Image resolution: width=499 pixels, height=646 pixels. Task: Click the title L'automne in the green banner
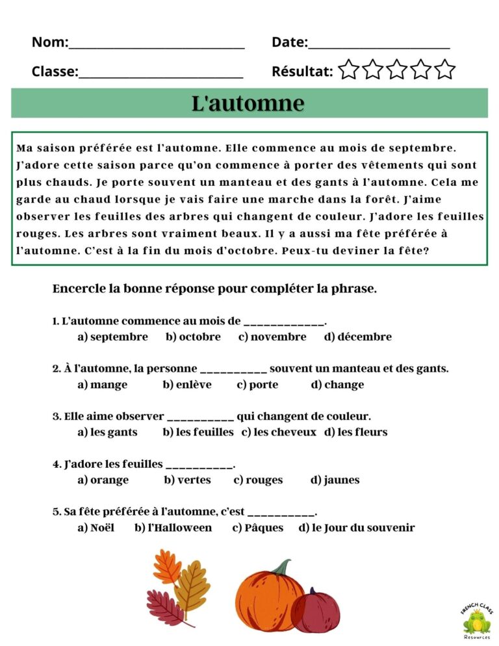coord(248,103)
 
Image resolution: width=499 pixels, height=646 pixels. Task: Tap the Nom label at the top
coord(49,42)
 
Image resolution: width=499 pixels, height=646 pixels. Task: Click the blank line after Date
coord(379,45)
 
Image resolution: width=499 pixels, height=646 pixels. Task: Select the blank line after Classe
coord(160,74)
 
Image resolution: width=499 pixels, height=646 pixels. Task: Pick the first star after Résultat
coord(349,70)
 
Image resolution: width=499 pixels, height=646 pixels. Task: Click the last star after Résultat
coord(445,70)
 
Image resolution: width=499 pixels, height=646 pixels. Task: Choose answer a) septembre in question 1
coord(112,337)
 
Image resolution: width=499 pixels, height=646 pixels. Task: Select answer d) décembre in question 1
coord(358,337)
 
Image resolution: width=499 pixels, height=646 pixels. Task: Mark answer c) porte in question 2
coord(257,384)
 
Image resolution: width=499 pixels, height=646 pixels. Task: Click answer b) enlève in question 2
coord(187,384)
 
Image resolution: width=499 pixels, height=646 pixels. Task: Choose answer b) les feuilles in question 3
coord(198,432)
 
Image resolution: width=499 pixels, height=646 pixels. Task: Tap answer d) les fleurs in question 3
coord(355,432)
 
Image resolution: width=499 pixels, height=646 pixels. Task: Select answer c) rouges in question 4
coord(258,480)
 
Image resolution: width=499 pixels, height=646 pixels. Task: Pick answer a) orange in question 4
coord(103,480)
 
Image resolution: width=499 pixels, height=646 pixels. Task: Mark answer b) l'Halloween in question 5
coord(173,528)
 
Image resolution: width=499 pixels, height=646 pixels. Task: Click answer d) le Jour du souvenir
coord(356,528)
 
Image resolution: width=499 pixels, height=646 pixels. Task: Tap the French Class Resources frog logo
coord(477,621)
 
